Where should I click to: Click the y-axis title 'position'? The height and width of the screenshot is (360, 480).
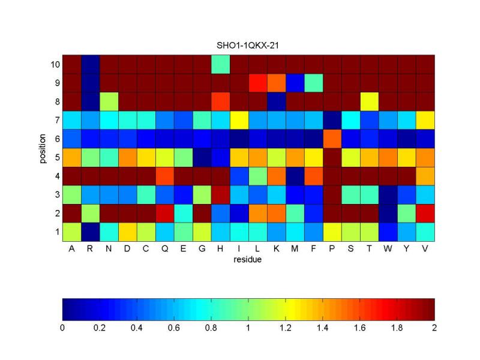click(x=44, y=148)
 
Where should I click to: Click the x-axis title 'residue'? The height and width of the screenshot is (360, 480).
click(x=248, y=260)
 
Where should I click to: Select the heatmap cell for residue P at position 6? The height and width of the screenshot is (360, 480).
click(x=332, y=139)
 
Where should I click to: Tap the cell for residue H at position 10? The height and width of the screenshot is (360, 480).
click(x=220, y=64)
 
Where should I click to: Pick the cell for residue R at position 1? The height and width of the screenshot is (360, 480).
click(x=90, y=232)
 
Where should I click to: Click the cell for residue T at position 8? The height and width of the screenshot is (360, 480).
click(x=369, y=101)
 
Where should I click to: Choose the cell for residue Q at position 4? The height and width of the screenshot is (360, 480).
click(x=164, y=176)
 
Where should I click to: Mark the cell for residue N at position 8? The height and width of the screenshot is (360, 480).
click(x=109, y=101)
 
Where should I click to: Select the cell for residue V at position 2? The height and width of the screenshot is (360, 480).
click(x=425, y=213)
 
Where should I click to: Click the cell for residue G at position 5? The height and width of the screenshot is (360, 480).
click(x=202, y=157)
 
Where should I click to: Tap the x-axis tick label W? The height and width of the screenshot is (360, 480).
click(x=388, y=250)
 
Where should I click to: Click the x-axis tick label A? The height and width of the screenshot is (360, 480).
click(x=71, y=250)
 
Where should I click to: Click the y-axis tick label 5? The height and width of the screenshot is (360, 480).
click(x=56, y=157)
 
